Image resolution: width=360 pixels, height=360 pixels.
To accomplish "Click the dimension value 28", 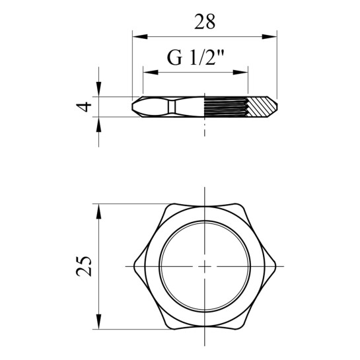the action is (205, 22).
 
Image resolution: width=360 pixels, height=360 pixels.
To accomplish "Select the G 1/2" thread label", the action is (196, 57).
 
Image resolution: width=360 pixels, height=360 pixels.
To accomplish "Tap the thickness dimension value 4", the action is (84, 107).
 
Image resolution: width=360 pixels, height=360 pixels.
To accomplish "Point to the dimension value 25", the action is (84, 266).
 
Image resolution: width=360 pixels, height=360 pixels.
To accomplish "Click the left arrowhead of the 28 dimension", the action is (140, 37).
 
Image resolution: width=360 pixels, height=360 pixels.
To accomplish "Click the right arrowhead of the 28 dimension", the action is (270, 37).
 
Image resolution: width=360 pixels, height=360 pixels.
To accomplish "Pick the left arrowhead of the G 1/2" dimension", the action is (151, 72).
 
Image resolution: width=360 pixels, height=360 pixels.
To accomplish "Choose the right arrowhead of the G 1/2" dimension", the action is (240, 72).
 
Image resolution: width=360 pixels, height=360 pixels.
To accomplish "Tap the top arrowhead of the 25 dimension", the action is (98, 211).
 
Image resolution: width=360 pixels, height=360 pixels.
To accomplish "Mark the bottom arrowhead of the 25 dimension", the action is (98, 322).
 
